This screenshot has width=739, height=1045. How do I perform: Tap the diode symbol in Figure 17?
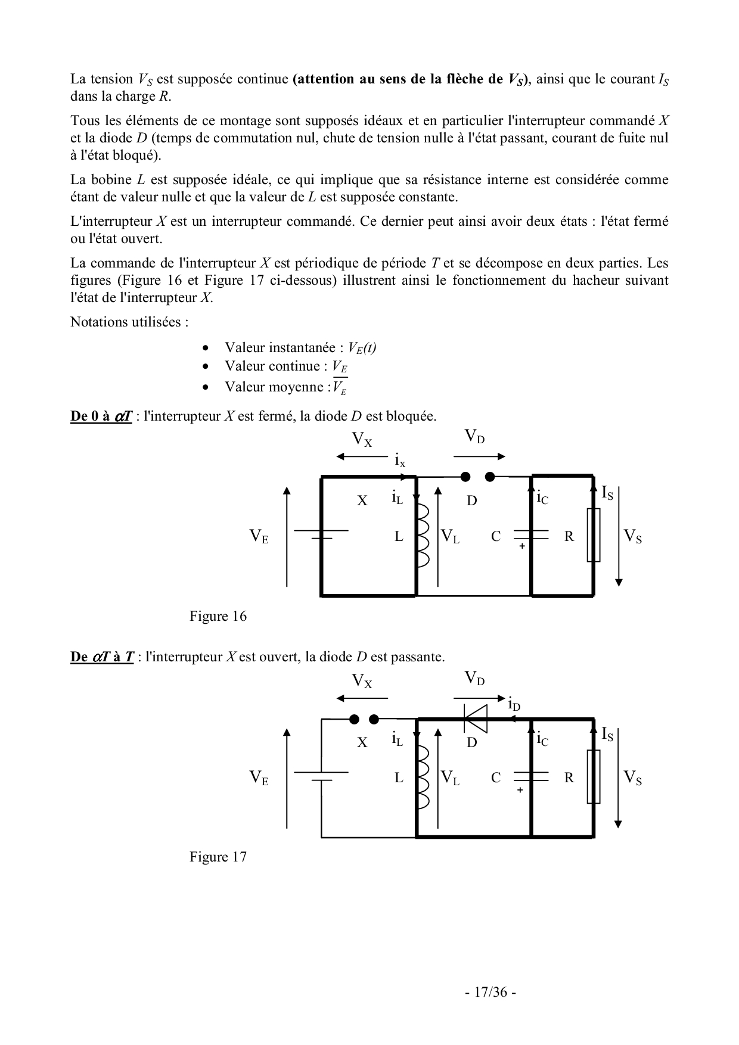(475, 719)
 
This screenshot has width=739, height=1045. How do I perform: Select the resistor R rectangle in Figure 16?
(593, 535)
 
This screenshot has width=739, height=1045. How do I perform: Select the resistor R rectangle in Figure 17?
(593, 776)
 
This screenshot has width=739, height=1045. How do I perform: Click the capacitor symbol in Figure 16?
(530, 536)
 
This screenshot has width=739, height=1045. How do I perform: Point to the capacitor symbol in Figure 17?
(530, 777)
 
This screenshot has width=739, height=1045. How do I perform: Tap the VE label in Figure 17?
(259, 777)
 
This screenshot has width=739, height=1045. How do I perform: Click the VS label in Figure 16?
(633, 536)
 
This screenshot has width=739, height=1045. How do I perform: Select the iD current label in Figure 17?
(514, 705)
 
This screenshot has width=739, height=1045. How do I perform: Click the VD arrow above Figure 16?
(480, 457)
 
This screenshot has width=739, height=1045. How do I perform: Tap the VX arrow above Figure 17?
(362, 698)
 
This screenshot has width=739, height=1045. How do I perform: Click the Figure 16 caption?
(218, 616)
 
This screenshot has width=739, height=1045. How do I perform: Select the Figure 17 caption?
(218, 857)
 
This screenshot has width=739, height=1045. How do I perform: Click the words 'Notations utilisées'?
(129, 322)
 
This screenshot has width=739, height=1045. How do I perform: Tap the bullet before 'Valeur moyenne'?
(206, 387)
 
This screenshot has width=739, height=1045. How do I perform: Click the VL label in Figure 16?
(451, 536)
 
